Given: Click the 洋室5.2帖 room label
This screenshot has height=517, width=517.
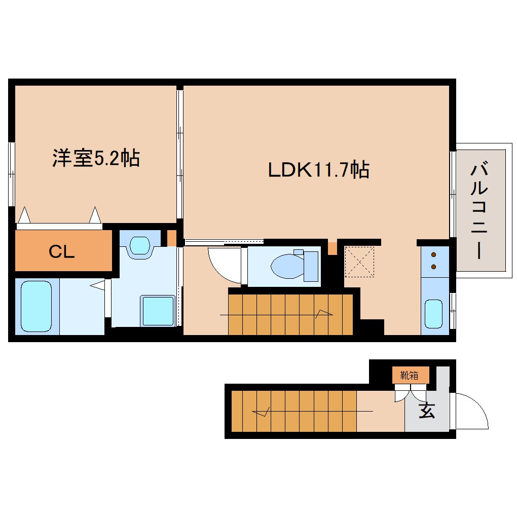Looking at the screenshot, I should (96, 159).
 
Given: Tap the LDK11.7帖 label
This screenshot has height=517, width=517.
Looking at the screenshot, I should (318, 170).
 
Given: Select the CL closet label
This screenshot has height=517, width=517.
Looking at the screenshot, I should (61, 252).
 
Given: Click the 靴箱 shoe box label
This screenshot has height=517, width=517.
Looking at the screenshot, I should (410, 376).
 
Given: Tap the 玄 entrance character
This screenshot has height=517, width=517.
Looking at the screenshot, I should (427, 411).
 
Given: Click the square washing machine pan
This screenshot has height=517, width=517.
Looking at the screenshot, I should (158, 311).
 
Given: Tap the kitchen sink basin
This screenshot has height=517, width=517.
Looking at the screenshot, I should (433, 314).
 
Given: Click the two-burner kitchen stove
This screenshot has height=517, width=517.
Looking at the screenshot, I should (434, 261).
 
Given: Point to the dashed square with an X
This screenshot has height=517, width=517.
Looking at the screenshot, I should (359, 262).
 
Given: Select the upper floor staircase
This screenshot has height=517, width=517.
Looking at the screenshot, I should (290, 314).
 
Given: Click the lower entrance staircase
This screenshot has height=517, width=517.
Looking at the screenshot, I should (294, 411).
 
